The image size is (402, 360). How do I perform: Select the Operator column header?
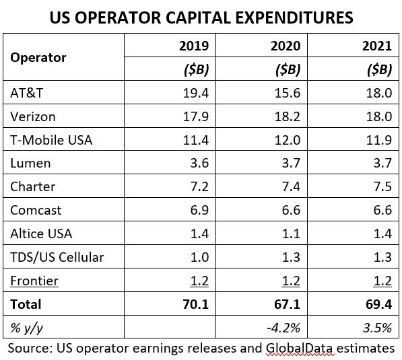click(x=38, y=58)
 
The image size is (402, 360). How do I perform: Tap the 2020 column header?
click(x=286, y=46)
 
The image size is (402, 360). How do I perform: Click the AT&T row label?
click(x=27, y=93)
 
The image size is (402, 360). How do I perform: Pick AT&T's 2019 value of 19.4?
click(x=196, y=93)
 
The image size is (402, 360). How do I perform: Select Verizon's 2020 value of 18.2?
click(x=287, y=116)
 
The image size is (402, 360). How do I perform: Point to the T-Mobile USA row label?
click(x=51, y=140)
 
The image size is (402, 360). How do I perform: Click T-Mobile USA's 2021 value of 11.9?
click(x=379, y=140)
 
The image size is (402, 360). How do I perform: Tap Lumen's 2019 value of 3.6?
click(x=199, y=164)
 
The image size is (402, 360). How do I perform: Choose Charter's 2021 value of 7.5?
click(x=382, y=186)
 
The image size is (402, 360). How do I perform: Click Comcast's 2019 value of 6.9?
click(x=199, y=210)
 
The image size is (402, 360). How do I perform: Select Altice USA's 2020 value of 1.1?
click(x=291, y=233)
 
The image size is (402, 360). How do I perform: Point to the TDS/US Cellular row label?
click(x=57, y=257)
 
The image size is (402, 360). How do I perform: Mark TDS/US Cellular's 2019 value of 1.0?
click(x=200, y=257)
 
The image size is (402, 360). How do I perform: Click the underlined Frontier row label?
click(x=34, y=281)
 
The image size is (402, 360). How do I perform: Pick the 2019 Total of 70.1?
click(x=196, y=304)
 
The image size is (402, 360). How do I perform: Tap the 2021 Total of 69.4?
click(x=378, y=304)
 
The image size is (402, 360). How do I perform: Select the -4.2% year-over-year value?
click(x=283, y=328)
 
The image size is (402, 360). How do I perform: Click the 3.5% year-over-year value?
click(x=377, y=328)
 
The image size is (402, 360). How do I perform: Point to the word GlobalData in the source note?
click(x=299, y=349)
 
